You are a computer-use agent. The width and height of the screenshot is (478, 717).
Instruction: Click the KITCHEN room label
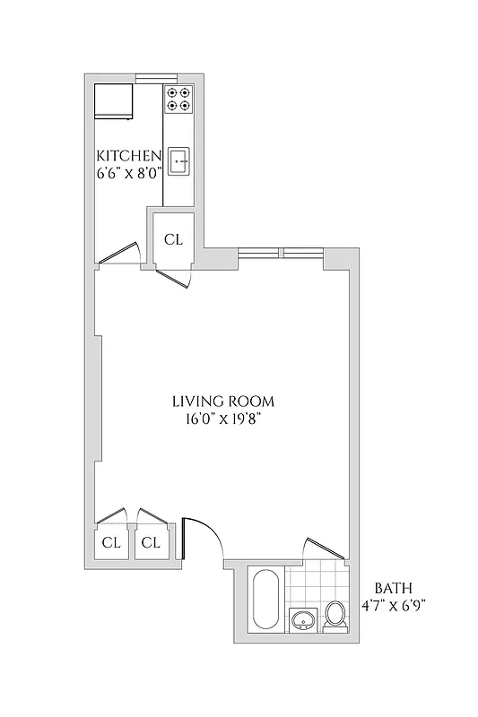pos(129,154)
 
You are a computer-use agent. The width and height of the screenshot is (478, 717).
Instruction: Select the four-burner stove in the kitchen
pos(178,99)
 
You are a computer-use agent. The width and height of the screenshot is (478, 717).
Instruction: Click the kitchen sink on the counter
pos(178,161)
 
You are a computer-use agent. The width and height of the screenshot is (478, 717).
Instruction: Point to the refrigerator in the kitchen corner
pos(114,100)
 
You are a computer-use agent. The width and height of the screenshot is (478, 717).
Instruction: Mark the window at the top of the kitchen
pos(156,77)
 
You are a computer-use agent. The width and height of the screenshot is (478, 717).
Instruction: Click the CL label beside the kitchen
pos(174,239)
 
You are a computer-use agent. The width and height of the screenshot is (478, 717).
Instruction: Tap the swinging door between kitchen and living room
pos(119,255)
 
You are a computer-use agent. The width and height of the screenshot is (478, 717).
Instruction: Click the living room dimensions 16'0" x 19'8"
pos(222,418)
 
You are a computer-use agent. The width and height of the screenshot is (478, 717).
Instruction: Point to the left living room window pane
pos(260,253)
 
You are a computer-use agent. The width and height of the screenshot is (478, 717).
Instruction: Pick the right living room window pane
pos(302,253)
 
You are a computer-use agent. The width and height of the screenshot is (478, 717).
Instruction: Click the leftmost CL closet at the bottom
pos(111,542)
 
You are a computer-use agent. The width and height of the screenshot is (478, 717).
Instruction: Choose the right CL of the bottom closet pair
pos(151,542)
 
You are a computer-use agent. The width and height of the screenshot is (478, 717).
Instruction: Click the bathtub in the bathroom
pos(265,599)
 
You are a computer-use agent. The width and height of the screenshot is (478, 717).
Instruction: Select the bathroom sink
pos(304,618)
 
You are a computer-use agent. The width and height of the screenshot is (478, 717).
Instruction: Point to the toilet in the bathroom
pos(335,615)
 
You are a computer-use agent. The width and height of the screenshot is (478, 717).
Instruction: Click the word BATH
pos(393,589)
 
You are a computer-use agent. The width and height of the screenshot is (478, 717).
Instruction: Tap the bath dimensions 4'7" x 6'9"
pos(393,605)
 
